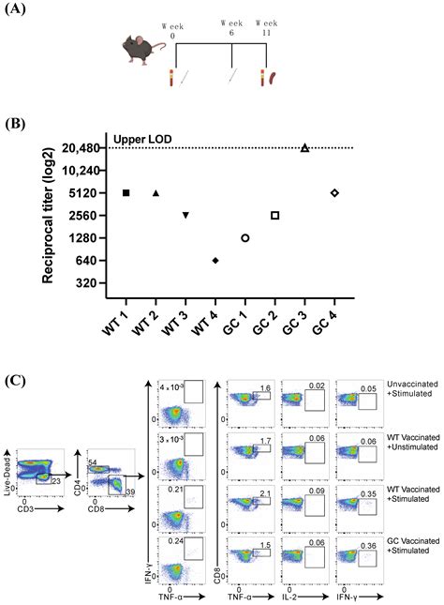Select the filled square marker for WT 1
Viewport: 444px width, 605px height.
tap(126, 192)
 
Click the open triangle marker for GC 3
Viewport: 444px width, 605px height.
tap(304, 147)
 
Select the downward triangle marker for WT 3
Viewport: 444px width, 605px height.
tap(185, 216)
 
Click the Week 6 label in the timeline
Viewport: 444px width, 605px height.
tap(231, 26)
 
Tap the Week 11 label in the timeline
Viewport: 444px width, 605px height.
tap(267, 26)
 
